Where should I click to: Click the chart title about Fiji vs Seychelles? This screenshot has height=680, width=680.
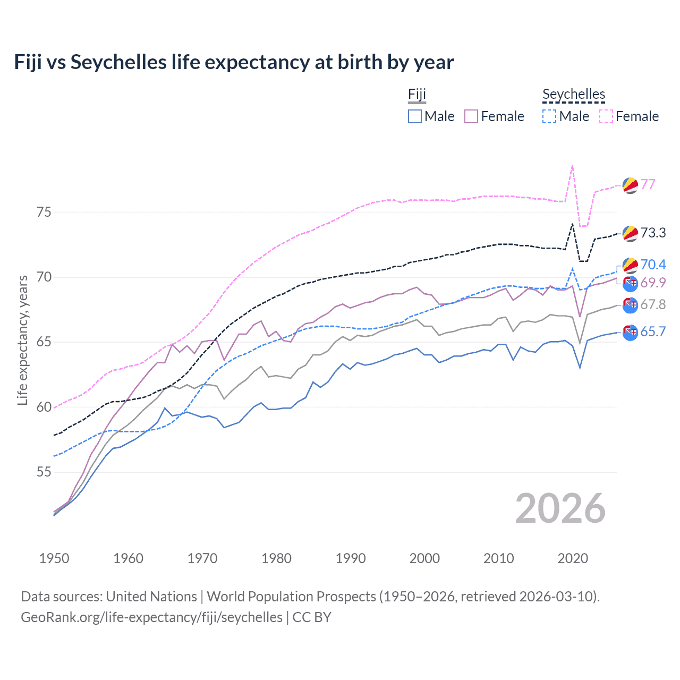(x=234, y=62)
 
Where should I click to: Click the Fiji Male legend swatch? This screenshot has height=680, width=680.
(x=415, y=116)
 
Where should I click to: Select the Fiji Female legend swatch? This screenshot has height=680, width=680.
(x=471, y=116)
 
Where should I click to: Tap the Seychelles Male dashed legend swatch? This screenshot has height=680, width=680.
(x=549, y=116)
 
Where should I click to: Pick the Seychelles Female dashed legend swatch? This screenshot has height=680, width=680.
(x=606, y=116)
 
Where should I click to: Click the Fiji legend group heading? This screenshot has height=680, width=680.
(x=417, y=95)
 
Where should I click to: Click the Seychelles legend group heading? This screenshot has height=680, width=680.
(x=574, y=95)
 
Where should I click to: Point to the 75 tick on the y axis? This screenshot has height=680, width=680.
(x=44, y=212)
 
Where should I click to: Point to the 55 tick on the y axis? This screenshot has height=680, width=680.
(x=44, y=472)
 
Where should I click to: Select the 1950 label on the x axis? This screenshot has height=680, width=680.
(x=54, y=558)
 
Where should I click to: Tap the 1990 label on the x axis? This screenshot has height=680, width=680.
(x=351, y=558)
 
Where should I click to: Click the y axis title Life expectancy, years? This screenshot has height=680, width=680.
(x=22, y=340)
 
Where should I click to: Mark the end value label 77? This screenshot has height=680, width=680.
(x=648, y=184)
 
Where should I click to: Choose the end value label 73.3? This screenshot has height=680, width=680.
(x=653, y=233)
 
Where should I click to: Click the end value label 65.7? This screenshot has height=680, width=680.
(x=653, y=332)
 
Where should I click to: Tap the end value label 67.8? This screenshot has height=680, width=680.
(x=653, y=304)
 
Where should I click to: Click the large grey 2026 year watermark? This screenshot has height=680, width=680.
(x=560, y=508)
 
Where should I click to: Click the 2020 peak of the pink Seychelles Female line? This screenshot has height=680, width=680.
(x=572, y=165)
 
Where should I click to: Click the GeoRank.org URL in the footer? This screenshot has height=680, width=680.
(x=151, y=617)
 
